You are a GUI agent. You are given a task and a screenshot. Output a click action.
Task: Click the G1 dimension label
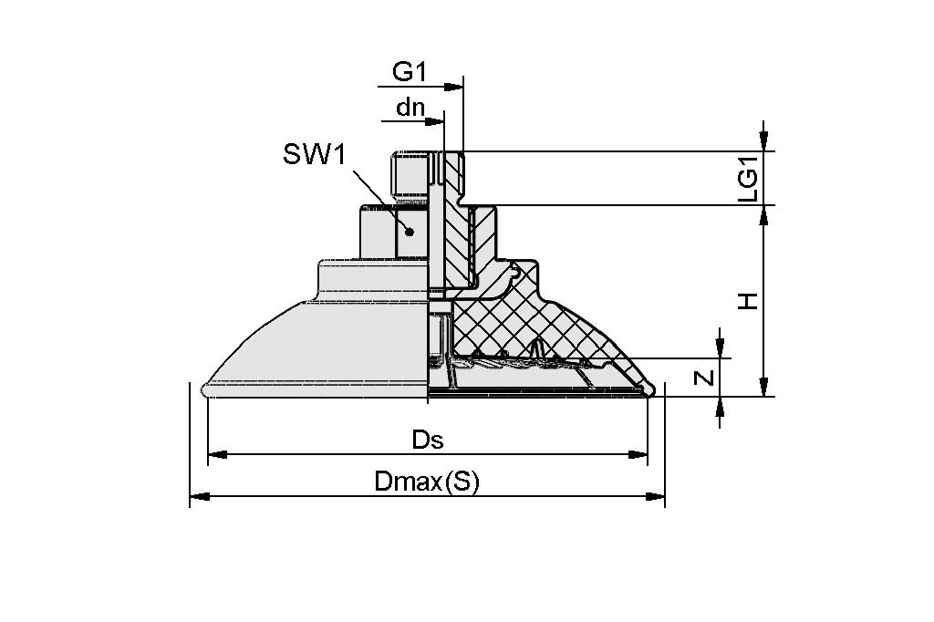[x=410, y=71]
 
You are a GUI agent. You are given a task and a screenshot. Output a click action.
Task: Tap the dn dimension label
[x=410, y=107]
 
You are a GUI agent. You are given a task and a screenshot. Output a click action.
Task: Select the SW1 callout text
[x=314, y=154]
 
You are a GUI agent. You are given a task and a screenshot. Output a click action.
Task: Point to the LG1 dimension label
[x=748, y=179]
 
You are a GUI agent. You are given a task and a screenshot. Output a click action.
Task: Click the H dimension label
[x=748, y=300]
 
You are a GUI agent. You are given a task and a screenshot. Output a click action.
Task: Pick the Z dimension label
[x=703, y=377]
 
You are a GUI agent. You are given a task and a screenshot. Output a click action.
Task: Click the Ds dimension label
[x=427, y=440]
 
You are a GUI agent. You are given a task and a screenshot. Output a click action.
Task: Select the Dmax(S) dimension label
[x=427, y=482]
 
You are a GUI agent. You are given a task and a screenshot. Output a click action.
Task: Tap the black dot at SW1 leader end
[x=410, y=232]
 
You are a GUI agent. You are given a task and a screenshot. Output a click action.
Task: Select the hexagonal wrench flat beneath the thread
[x=392, y=232]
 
